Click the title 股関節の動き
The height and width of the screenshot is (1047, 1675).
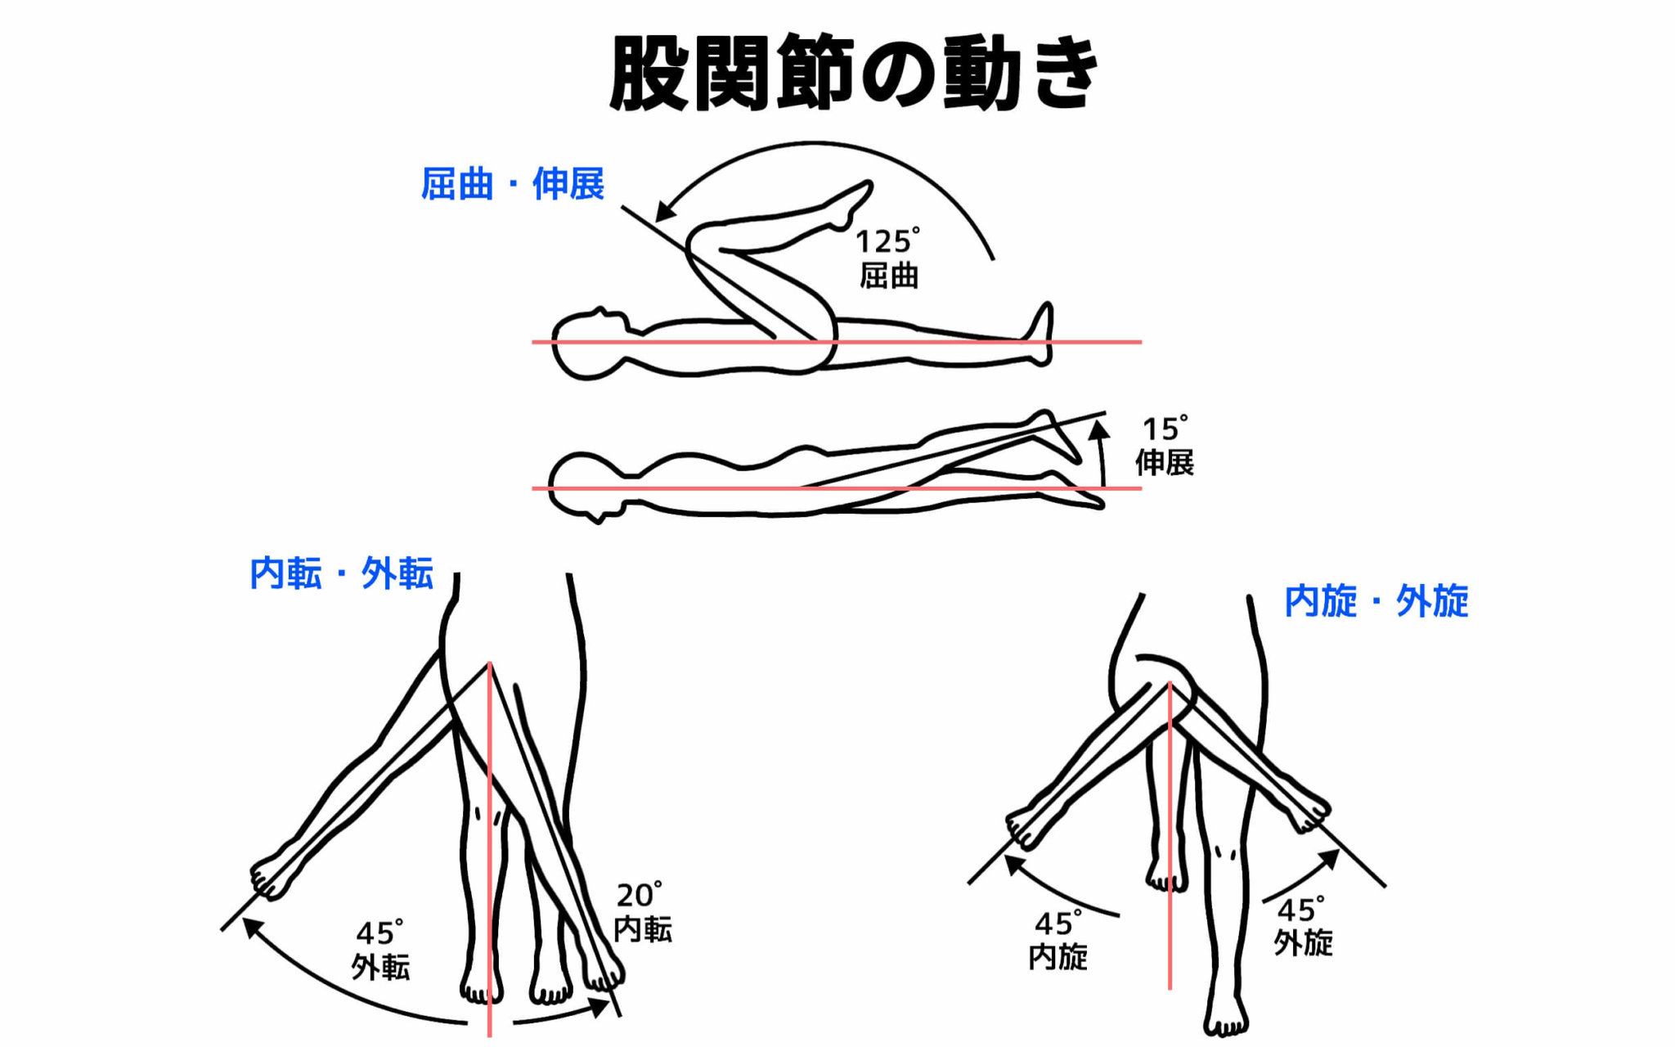point(854,74)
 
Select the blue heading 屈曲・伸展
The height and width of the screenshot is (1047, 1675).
point(513,183)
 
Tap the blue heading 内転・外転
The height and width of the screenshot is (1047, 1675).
point(341,573)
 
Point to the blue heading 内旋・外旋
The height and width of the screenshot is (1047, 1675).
point(1376,601)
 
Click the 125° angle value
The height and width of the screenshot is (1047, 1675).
point(887,241)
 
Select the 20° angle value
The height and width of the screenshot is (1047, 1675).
point(639,895)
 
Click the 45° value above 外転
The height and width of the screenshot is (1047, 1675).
point(379,932)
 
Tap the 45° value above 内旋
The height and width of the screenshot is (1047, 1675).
point(1058,923)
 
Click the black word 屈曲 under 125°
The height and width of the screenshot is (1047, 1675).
point(889,276)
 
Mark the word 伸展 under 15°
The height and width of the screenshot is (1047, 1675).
point(1165,463)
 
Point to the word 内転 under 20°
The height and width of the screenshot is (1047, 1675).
point(643,929)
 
